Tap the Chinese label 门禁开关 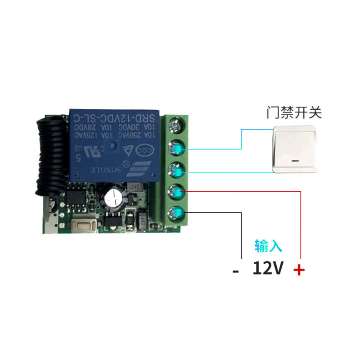294,112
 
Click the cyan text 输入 268,246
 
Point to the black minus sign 235,271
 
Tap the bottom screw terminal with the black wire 176,213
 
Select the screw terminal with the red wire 176,192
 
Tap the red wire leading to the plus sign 299,225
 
